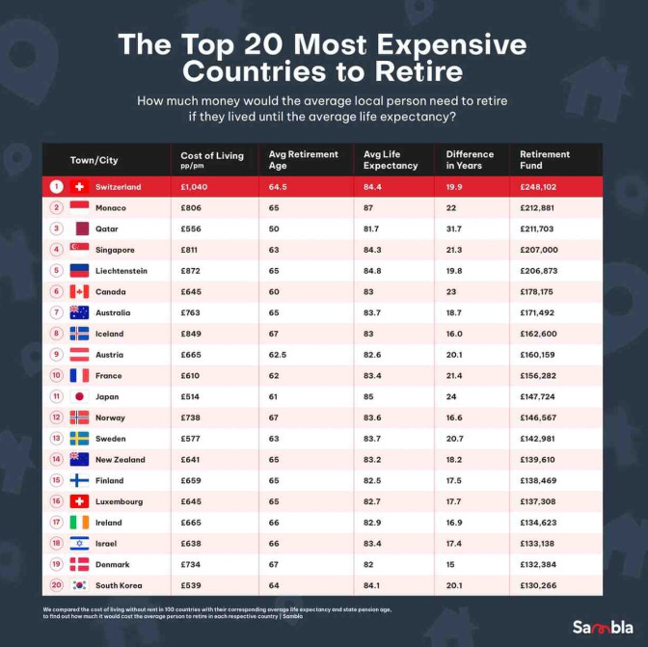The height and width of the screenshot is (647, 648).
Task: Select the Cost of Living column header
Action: coord(212,159)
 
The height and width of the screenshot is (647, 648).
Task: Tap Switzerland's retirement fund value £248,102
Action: coord(545,187)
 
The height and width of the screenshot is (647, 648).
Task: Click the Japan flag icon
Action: coord(79,396)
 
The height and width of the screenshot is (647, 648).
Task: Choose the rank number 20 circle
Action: coord(56,585)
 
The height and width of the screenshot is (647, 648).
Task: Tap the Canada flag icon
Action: coord(79,291)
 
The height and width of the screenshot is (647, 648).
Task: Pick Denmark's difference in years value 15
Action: coord(453,564)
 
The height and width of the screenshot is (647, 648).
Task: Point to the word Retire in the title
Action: coord(421,72)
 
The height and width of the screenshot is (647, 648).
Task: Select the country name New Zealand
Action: coord(121,459)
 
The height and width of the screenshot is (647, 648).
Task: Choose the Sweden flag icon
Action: coord(79,439)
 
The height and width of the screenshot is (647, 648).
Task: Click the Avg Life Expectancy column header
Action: coord(391,159)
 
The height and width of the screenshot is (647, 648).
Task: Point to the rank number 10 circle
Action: coord(56,375)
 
